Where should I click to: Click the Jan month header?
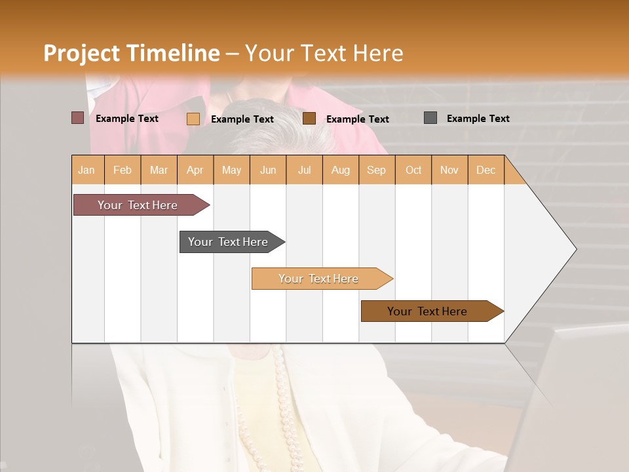click(87, 170)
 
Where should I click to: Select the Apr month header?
click(195, 170)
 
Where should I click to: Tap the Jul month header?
click(304, 170)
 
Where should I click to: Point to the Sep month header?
click(377, 170)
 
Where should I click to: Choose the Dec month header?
click(486, 170)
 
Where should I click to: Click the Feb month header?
click(123, 170)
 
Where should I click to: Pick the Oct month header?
click(413, 170)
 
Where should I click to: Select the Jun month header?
click(268, 170)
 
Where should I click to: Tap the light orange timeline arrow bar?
click(320, 279)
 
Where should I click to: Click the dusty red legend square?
click(78, 118)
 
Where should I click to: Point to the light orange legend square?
click(193, 119)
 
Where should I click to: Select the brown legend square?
click(309, 119)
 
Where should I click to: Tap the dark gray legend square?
click(430, 118)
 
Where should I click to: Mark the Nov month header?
click(449, 170)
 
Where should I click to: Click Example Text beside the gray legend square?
click(478, 119)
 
